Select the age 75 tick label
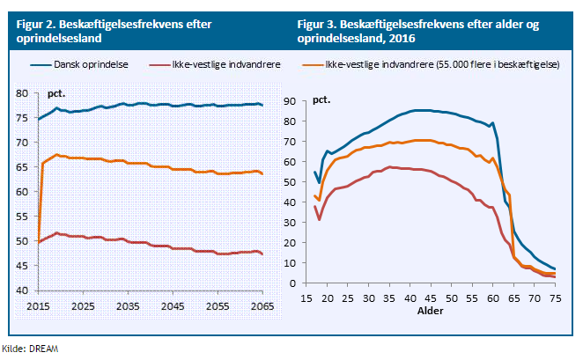(x=555, y=299)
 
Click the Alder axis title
(x=432, y=312)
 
